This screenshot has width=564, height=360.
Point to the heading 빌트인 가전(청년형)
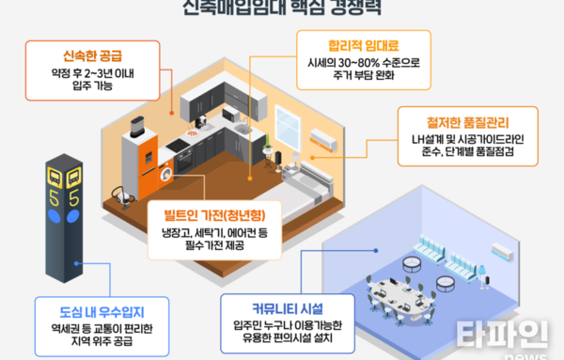[213, 210]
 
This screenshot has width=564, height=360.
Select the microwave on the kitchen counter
[231, 115]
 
